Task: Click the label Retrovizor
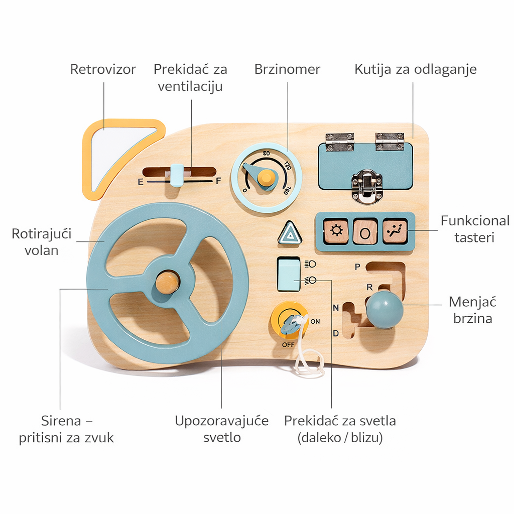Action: [103, 69]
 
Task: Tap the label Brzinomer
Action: [287, 69]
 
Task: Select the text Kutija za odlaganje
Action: [416, 69]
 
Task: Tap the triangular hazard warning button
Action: [289, 234]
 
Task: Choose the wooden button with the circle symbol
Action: [365, 231]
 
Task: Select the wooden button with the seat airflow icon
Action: [395, 231]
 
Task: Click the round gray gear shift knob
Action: [384, 309]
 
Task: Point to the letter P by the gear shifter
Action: [357, 267]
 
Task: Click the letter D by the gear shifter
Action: [336, 333]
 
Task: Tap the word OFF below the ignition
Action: [288, 345]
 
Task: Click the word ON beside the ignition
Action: [315, 321]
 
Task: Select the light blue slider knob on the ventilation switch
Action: [177, 175]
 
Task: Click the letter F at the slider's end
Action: [218, 182]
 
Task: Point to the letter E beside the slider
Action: [141, 182]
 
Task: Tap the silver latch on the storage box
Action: [367, 186]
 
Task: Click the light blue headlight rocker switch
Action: [289, 274]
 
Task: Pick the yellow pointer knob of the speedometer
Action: [266, 177]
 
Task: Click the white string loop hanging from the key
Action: [309, 362]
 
